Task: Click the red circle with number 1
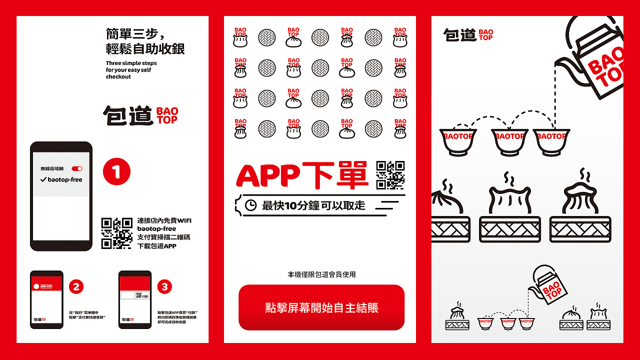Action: [116, 172]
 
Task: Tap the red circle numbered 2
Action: [76, 286]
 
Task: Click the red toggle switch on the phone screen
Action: [77, 169]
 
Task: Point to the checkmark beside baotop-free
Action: [43, 179]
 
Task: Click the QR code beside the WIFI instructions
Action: [117, 233]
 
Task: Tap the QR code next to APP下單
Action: [390, 175]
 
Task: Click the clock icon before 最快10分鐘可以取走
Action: [250, 205]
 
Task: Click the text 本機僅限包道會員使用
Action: [321, 274]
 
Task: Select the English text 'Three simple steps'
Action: [131, 63]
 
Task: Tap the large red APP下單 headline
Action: [302, 175]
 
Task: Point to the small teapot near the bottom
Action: [545, 285]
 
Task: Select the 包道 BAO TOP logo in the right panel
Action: [468, 34]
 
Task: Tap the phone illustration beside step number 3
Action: [135, 299]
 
